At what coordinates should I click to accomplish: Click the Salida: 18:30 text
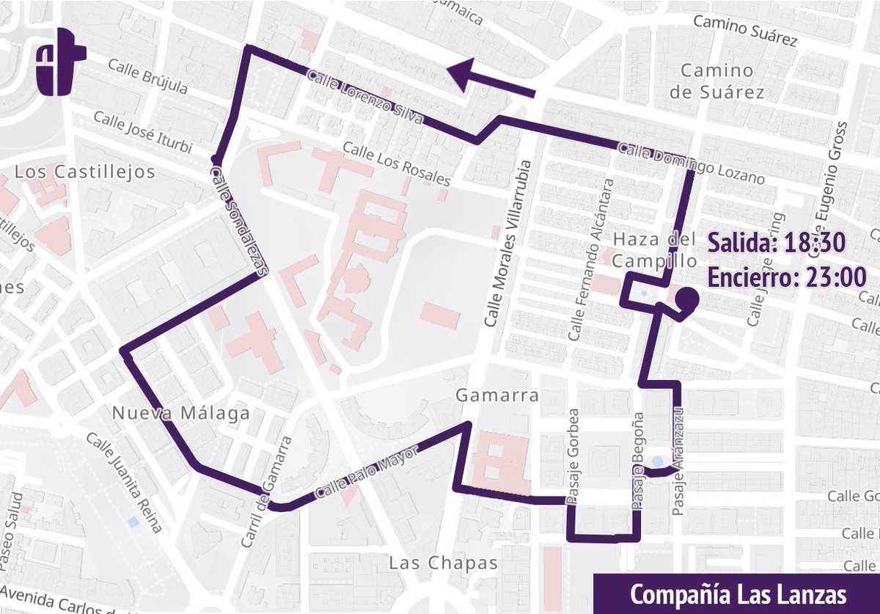pos(777,242)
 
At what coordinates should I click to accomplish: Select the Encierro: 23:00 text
pos(787,277)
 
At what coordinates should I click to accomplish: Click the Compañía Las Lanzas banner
pos(736,593)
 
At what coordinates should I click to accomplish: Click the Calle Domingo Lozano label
pos(691,163)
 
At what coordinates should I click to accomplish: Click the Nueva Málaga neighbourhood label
pos(180,414)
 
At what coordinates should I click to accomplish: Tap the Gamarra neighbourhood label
pos(496,396)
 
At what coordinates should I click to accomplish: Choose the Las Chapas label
pos(443,563)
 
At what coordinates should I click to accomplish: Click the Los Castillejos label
pos(85,172)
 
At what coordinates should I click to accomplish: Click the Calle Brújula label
pos(147,76)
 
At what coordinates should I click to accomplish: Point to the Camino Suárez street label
pos(745,31)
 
